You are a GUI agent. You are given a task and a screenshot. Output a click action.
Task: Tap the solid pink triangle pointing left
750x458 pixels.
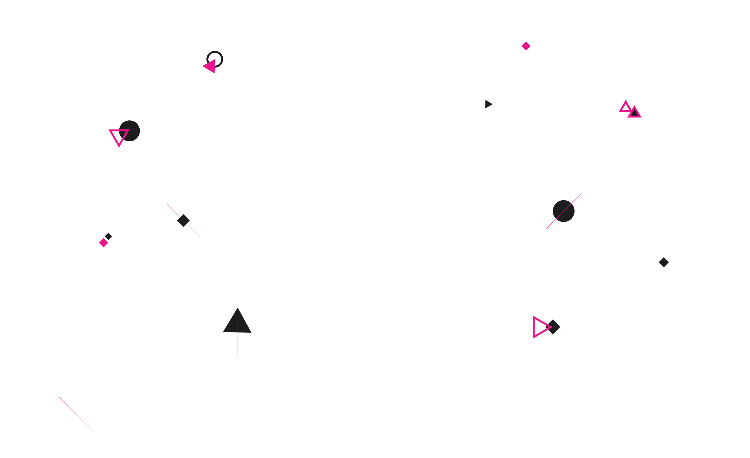click(x=210, y=66)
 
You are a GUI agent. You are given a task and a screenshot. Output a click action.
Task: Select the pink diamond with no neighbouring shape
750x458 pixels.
click(x=526, y=46)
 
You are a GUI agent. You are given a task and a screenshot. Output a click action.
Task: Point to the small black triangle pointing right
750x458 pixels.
click(x=488, y=104)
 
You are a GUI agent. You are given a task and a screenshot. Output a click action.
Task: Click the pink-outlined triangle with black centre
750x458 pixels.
click(x=634, y=113)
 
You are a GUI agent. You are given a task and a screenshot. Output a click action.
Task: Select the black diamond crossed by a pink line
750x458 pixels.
click(x=183, y=220)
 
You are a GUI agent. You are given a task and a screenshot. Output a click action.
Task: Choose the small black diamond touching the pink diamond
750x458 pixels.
click(x=108, y=236)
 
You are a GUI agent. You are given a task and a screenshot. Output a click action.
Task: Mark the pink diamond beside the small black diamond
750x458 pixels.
click(x=104, y=243)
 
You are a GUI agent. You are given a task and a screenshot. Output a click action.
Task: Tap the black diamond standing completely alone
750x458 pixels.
click(x=664, y=262)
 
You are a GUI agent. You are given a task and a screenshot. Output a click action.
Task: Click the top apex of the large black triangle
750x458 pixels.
click(x=238, y=308)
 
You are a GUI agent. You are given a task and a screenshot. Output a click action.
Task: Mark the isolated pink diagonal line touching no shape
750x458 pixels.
click(x=77, y=415)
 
